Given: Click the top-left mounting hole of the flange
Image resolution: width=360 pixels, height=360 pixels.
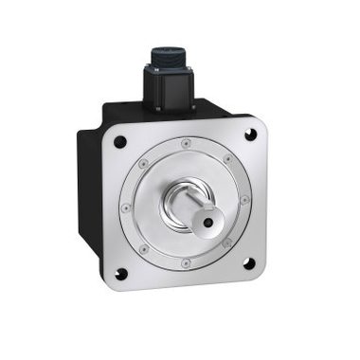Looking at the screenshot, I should [120, 143].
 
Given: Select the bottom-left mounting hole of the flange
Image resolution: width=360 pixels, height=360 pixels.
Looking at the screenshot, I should [120, 276].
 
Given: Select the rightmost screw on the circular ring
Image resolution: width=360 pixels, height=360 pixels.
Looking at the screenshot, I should [244, 199].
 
